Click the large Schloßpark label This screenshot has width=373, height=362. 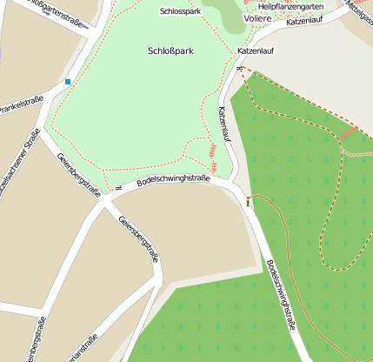170,51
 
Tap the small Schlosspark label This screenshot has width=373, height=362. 180,12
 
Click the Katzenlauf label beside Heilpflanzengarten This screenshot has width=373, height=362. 310,21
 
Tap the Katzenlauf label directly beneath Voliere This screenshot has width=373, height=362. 256,51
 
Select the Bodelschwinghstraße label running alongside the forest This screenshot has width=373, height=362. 281,295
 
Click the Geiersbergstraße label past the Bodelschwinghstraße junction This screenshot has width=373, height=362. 138,241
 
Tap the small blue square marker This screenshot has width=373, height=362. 67,82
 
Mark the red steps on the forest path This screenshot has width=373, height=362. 348,134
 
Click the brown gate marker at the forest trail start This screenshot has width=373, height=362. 248,201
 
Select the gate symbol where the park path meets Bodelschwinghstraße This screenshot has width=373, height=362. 117,188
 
